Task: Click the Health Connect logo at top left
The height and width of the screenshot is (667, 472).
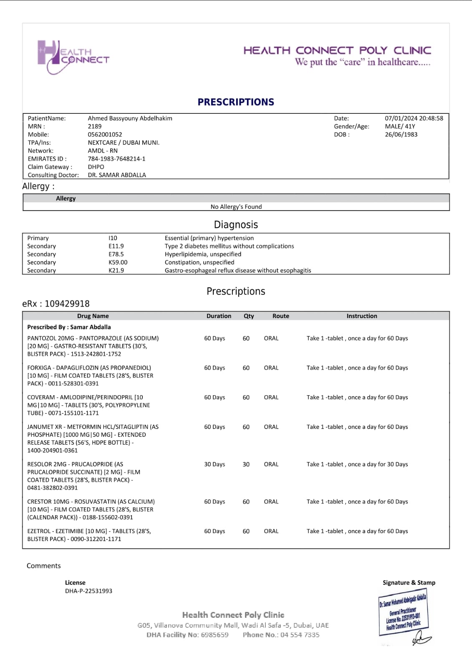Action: tap(73, 57)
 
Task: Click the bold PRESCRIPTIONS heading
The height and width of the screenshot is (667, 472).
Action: tap(236, 102)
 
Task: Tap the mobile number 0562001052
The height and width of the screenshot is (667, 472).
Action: tap(105, 134)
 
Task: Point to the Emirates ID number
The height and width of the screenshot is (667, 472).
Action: tap(116, 159)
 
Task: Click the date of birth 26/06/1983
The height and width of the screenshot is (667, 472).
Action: tap(401, 134)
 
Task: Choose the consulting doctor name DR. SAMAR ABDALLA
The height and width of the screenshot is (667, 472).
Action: tap(117, 175)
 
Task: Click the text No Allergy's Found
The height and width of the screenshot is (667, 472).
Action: tap(236, 207)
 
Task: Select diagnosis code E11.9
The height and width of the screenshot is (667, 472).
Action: tap(116, 246)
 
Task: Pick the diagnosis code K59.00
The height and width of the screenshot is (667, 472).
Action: tap(118, 262)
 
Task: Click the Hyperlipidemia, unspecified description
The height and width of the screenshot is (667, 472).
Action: tap(203, 254)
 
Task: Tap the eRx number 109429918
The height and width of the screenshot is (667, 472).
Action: tap(67, 304)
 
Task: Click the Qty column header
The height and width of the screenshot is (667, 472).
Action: tap(249, 316)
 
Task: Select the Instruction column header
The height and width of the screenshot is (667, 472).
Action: tap(362, 316)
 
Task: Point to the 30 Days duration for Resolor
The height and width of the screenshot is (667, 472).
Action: tap(215, 464)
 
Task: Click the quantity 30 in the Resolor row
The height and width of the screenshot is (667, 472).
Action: tap(246, 464)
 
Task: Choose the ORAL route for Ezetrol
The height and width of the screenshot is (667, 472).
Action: tap(271, 531)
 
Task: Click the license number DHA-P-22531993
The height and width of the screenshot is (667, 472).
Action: tap(88, 591)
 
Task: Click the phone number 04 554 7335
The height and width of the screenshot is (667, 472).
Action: tap(300, 635)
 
